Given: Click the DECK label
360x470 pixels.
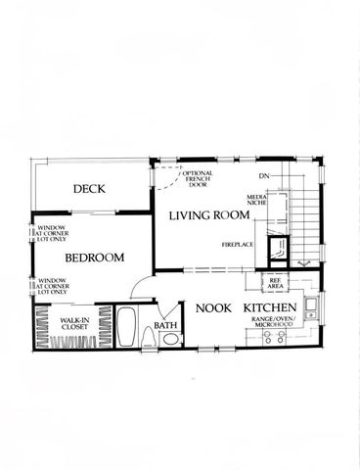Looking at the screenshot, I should (89, 190).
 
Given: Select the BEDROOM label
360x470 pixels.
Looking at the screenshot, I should (94, 258).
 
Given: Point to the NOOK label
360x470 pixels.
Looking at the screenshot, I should (212, 308).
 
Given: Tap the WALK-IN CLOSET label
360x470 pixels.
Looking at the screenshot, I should (73, 323).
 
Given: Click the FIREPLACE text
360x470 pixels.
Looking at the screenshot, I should (238, 243).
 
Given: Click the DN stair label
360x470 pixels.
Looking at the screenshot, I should (263, 176).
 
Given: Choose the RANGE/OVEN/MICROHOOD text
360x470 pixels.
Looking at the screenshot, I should (278, 323).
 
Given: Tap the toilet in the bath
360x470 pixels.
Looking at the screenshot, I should (170, 340).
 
